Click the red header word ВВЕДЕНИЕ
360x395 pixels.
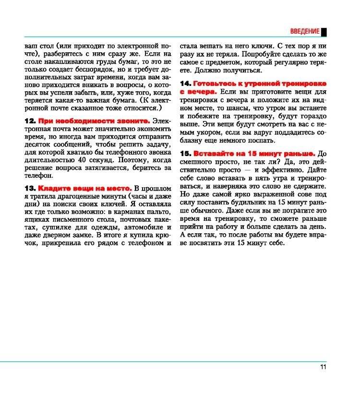click(x=305, y=32)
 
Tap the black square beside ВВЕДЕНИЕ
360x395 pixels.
click(x=324, y=32)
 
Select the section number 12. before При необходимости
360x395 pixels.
click(x=30, y=121)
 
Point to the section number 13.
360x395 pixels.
click(x=30, y=188)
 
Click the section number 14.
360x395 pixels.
click(x=185, y=83)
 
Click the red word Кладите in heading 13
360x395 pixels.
click(x=53, y=188)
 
